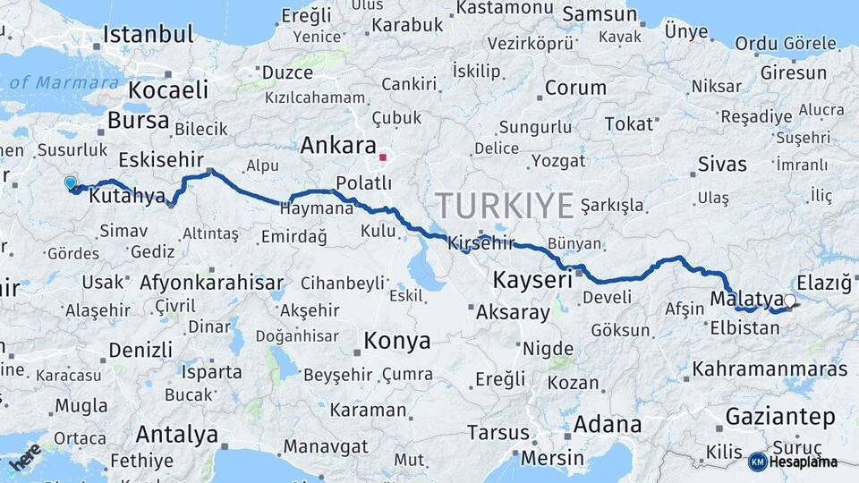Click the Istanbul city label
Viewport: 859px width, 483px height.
[x=148, y=35]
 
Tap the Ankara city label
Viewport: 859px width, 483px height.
[x=338, y=145]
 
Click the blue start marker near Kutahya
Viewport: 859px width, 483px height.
[x=71, y=183]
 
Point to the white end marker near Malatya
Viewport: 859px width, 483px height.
[x=789, y=301]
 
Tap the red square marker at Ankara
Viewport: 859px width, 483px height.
[x=383, y=158]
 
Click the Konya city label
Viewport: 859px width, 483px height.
[x=396, y=342]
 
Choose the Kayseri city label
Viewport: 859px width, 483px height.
[x=532, y=281]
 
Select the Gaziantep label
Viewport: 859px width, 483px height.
[x=780, y=416]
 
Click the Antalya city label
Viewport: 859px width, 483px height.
[x=177, y=435]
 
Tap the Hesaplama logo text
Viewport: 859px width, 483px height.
[x=803, y=462]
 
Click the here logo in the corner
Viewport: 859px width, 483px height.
[x=24, y=457]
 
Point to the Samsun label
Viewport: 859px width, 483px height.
[x=600, y=15]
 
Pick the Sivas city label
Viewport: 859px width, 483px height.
[x=721, y=164]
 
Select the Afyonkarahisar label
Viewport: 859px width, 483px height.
[x=211, y=284]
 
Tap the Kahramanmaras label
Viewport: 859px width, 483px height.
[x=770, y=369]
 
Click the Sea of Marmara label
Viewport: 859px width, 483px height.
[x=63, y=83]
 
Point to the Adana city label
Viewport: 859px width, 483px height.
[x=608, y=424]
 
